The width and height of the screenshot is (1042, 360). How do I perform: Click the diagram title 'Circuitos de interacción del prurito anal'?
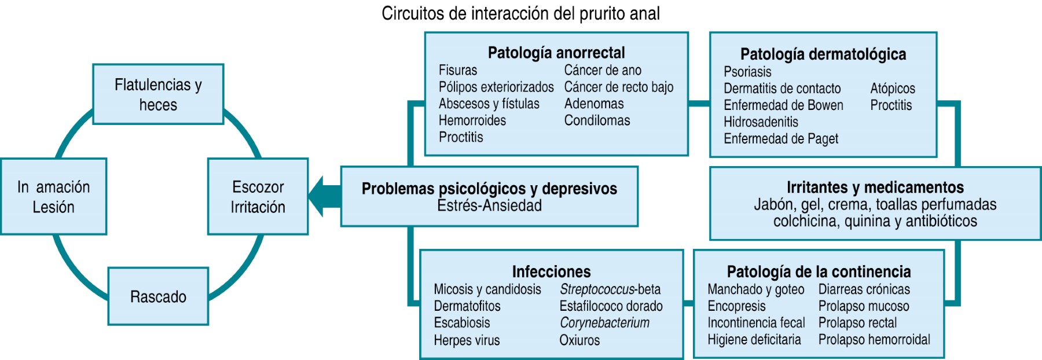[x=520, y=13]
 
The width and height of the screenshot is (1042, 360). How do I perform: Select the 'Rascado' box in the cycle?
[x=158, y=296]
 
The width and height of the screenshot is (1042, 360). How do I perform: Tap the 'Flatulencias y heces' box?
[x=158, y=94]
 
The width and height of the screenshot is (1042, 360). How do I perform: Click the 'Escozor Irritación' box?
[x=258, y=197]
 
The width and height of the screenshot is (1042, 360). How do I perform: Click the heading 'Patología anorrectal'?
[x=556, y=53]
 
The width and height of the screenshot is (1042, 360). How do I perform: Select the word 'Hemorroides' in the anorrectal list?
[x=472, y=120]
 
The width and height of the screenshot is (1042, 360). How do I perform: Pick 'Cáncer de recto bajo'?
[x=618, y=87]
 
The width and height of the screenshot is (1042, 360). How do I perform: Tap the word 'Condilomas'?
[x=597, y=120]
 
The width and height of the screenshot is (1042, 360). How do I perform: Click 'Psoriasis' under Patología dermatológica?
[x=747, y=72]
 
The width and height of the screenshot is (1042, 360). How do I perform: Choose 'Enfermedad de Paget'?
[x=780, y=139]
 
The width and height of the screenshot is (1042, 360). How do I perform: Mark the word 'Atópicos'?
[x=893, y=89]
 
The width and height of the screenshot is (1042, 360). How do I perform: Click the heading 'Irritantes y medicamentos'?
[x=875, y=187]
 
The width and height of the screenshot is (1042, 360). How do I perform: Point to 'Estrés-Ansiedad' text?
[x=489, y=205]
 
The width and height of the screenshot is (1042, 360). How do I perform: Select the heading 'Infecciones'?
[x=551, y=271]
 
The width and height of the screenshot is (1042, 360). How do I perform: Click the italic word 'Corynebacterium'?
[x=604, y=323]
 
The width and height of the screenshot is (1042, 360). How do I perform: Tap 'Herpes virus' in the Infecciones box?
[x=467, y=340]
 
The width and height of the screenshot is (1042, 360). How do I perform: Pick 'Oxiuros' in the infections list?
[x=579, y=340]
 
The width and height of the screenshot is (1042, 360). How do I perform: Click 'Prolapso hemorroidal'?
[x=874, y=340]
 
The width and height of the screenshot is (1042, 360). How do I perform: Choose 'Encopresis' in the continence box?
[x=736, y=306]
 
